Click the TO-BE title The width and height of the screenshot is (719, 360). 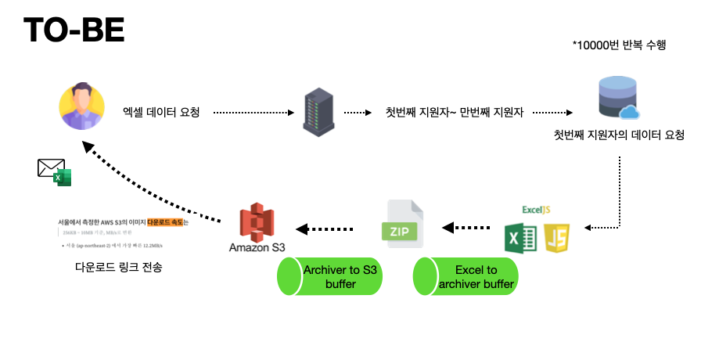pos(74,31)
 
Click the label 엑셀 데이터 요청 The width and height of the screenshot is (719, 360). pos(162,113)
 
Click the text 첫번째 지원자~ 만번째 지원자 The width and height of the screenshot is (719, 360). pos(454,113)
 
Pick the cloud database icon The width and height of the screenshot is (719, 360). pos(618,97)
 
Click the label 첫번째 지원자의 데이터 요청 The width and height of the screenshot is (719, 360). pos(619,135)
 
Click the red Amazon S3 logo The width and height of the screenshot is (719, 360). pos(257,221)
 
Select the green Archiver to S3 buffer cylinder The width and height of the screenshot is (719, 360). pos(329,276)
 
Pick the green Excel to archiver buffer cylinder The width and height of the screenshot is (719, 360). pos(465,276)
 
